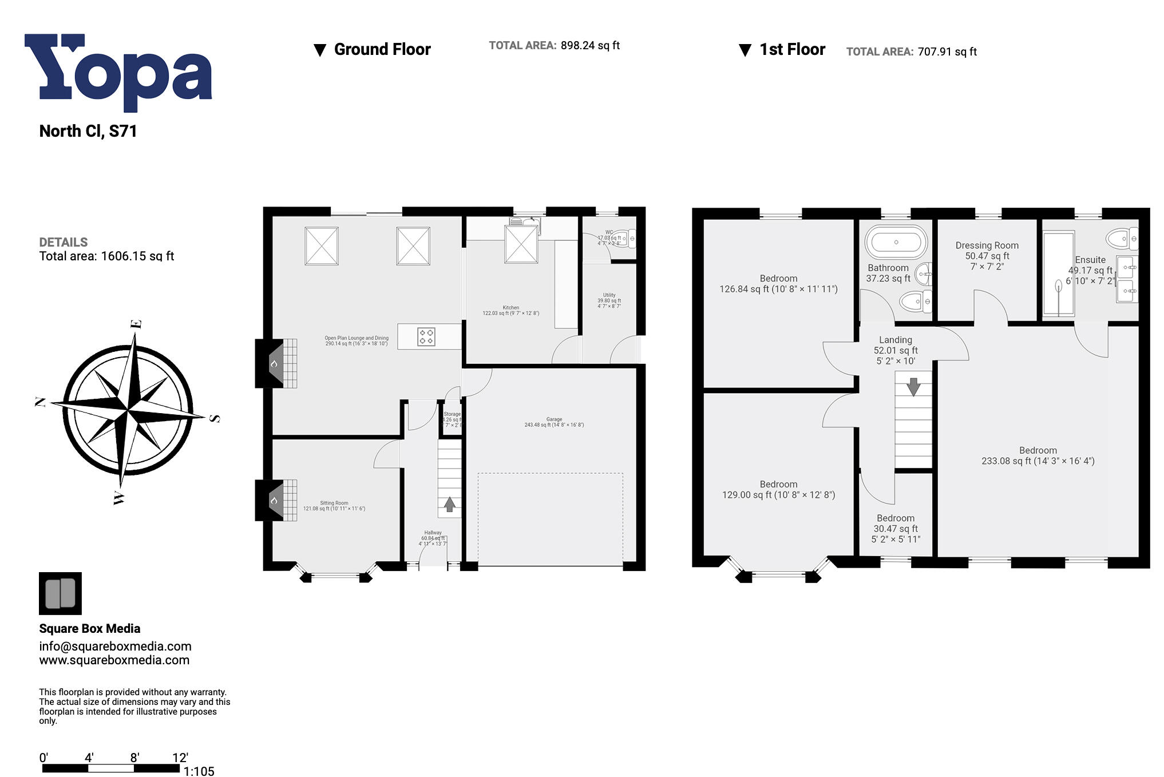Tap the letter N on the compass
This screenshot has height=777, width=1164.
pos(41,402)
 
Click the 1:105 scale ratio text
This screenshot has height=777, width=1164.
pos(199,771)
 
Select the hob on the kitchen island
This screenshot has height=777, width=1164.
pos(426,336)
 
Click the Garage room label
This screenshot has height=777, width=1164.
pos(553,422)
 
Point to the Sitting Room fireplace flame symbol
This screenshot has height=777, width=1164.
pos(274,501)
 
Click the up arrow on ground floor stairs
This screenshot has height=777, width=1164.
pos(449,504)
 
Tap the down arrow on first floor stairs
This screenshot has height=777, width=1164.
pos(913,386)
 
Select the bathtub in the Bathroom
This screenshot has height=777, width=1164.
pos(896,242)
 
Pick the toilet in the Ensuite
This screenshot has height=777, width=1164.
pos(1122,238)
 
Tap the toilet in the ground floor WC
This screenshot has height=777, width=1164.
pos(623,238)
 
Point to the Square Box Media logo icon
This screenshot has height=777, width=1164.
pos(60,593)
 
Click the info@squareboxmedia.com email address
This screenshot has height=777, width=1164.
pos(115,646)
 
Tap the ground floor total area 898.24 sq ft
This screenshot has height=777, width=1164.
pos(589,45)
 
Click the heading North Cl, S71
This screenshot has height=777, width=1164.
pos(88,131)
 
